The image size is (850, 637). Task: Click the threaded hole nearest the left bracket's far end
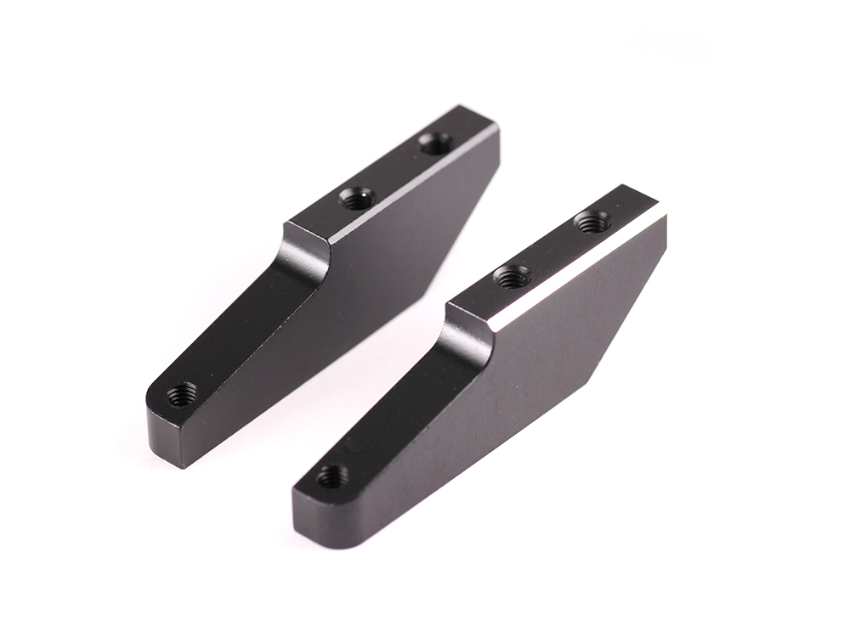click(436, 144)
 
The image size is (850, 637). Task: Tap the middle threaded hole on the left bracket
click(357, 199)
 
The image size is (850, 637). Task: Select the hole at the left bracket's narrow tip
click(182, 393)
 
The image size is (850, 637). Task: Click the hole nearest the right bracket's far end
click(592, 223)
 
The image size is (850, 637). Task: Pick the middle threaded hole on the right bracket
click(513, 275)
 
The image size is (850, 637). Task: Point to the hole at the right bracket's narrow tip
click(331, 476)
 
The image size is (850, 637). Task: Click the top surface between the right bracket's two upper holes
click(552, 249)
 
